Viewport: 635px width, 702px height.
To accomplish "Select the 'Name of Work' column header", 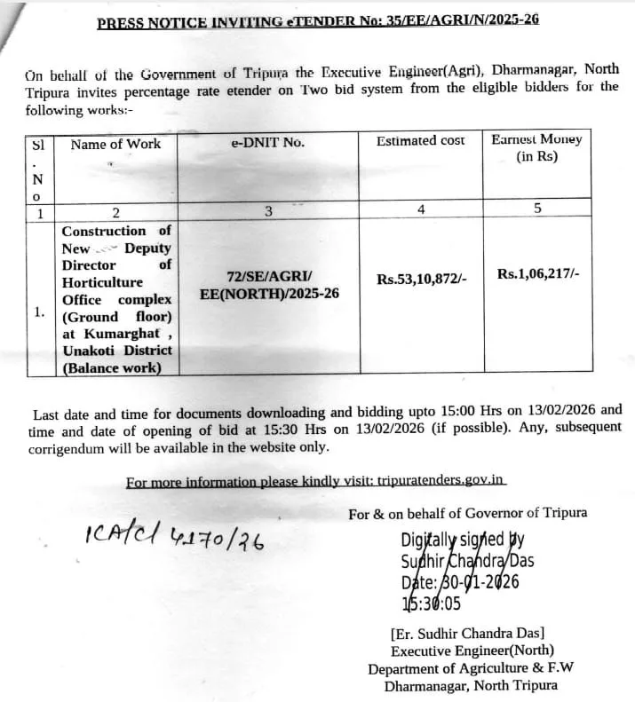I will coord(115,144).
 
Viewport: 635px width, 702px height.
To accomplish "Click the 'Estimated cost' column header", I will coord(420,141).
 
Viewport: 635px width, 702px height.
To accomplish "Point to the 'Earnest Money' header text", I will coord(536,139).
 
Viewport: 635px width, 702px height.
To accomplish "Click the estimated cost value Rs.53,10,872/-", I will coord(422,279).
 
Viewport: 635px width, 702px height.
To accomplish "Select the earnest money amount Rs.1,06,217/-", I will coord(538,274).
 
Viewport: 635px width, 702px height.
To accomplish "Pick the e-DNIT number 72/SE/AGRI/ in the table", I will coord(269,276).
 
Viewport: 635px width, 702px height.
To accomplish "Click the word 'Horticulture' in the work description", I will coord(102,282).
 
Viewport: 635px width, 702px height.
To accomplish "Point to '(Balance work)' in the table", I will coord(112,367).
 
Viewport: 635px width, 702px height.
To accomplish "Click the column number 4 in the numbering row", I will coord(421,209).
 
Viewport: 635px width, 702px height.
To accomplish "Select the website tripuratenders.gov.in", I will coord(441,481).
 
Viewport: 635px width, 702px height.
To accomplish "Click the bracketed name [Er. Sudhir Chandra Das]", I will coord(467,634).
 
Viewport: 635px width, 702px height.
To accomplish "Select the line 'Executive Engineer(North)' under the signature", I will coord(468,651).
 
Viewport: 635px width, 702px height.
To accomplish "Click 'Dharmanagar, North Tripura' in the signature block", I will coord(471,685).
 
